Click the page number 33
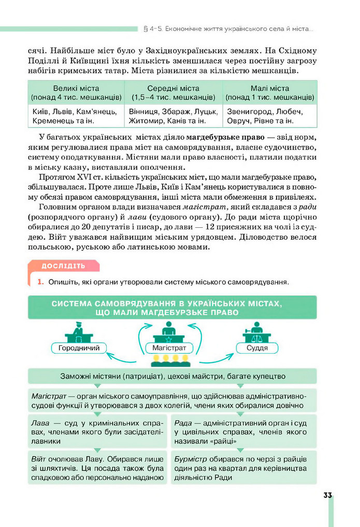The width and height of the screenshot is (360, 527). (x=327, y=495)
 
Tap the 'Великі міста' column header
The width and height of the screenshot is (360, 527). (x=76, y=92)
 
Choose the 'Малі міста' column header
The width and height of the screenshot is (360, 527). (x=269, y=92)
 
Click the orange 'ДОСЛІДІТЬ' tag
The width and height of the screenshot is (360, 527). (x=63, y=266)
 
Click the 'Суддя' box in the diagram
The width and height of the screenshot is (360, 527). (x=257, y=348)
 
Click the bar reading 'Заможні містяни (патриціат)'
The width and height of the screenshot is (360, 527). (x=172, y=376)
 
